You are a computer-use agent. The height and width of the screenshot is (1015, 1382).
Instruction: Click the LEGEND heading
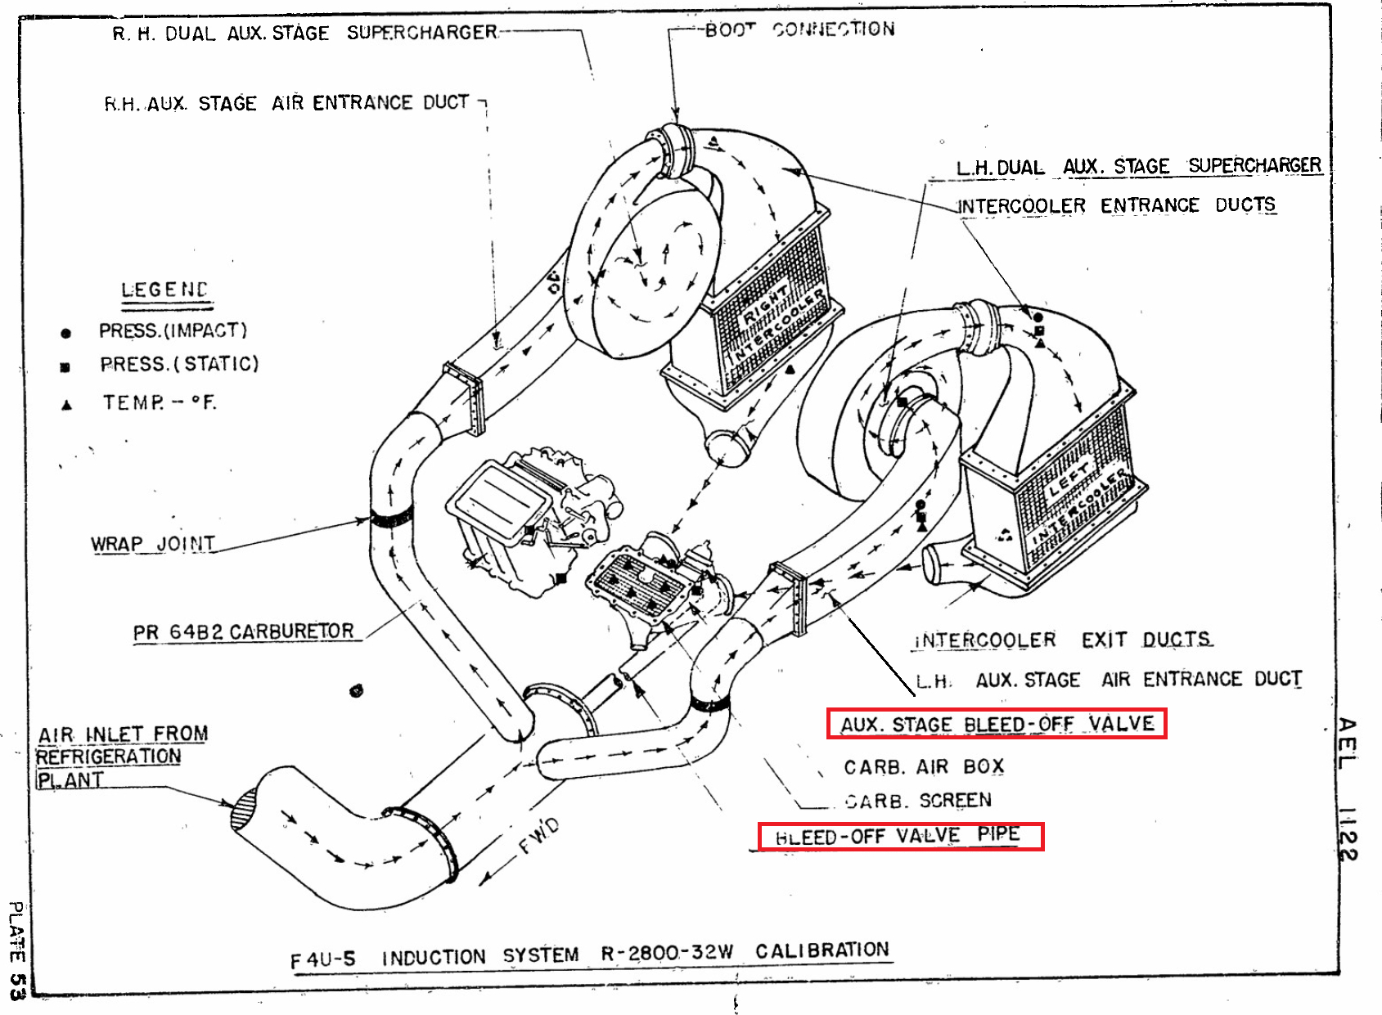click(164, 290)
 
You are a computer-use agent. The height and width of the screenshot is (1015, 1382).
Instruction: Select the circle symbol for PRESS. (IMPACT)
click(66, 333)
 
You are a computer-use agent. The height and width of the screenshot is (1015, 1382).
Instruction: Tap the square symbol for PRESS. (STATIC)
click(65, 367)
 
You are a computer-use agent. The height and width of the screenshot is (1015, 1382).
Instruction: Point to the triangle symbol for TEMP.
click(67, 405)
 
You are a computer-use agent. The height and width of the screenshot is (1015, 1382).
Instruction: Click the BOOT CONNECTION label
click(799, 30)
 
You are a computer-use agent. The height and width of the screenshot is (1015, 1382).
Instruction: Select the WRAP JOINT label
click(153, 545)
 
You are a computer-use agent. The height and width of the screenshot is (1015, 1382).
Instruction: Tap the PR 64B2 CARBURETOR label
click(244, 632)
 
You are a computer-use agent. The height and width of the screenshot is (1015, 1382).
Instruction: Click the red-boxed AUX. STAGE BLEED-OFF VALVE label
click(997, 725)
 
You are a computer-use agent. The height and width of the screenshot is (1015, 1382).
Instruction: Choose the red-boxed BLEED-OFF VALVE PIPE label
click(900, 837)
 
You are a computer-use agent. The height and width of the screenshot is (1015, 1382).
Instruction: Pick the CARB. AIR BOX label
click(924, 767)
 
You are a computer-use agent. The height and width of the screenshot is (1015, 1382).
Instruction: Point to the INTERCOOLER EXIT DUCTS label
click(1062, 640)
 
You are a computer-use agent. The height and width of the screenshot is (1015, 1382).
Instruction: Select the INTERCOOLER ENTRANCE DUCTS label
click(1116, 205)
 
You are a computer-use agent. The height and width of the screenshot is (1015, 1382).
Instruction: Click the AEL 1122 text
click(1347, 789)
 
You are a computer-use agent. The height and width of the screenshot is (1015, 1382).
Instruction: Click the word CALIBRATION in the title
click(822, 950)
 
